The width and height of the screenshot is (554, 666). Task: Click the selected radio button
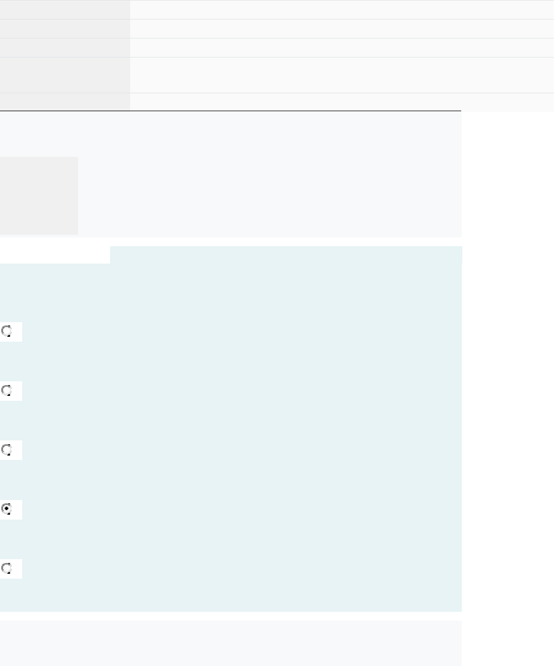point(7,509)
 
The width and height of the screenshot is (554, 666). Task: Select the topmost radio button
point(7,331)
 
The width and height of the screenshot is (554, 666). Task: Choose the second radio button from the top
point(7,390)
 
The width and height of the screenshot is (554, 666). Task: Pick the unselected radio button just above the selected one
point(7,450)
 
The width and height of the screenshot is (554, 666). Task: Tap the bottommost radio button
point(7,568)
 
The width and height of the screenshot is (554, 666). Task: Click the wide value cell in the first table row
point(342,10)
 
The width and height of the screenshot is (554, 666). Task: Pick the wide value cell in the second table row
point(342,29)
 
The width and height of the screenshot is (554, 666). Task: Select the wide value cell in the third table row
point(342,48)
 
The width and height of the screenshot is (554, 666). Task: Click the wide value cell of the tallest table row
point(342,75)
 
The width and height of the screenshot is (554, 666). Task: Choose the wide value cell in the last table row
point(342,102)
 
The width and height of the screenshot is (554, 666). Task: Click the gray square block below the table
point(39,196)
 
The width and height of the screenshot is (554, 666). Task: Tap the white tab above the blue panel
point(55,255)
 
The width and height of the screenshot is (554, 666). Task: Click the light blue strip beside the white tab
point(286,254)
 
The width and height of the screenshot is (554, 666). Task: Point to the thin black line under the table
point(231,111)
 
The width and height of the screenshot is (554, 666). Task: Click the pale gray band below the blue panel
point(231,643)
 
